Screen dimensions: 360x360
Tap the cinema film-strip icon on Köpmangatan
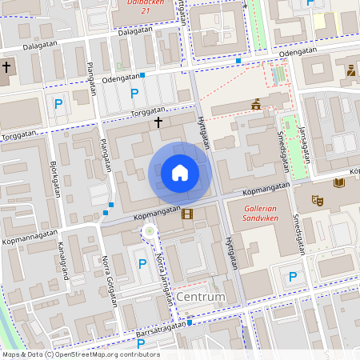pyautogui.click(x=187, y=214)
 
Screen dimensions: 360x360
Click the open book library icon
pyautogui.click(x=339, y=183)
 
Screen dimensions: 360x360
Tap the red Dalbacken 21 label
pyautogui.click(x=145, y=6)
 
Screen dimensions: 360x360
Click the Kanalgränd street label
pyautogui.click(x=61, y=266)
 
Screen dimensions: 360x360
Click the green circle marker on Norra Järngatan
pyautogui.click(x=149, y=232)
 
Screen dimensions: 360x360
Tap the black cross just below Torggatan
pyautogui.click(x=158, y=122)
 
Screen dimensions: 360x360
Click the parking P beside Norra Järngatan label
pyautogui.click(x=142, y=263)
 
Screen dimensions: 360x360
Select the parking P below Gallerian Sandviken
pyautogui.click(x=293, y=277)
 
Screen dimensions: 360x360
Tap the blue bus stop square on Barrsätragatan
pyautogui.click(x=191, y=323)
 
